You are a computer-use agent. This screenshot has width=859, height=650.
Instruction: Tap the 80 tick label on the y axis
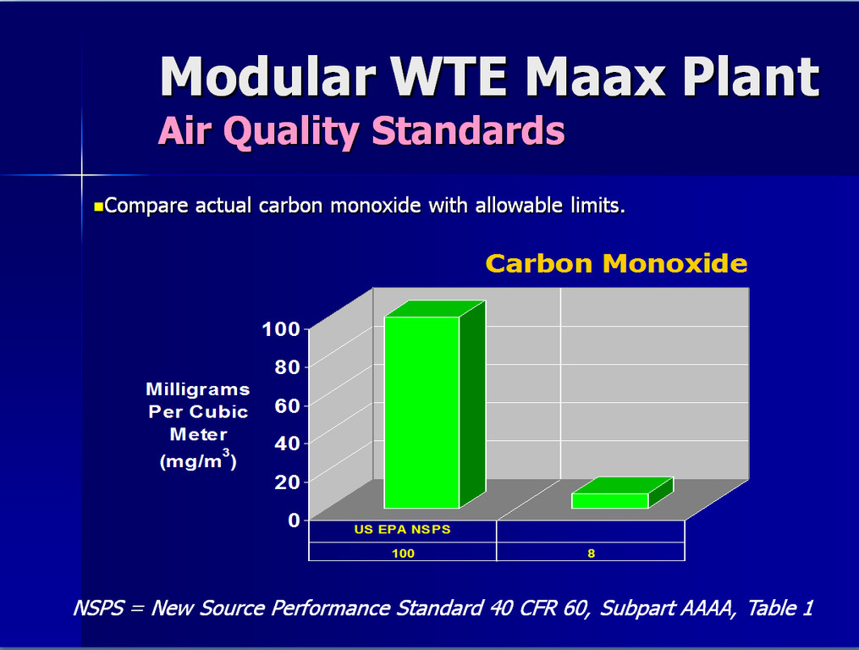288,367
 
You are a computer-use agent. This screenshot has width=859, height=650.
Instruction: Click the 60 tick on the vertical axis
288,405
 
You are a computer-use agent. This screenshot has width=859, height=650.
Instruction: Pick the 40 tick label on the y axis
288,443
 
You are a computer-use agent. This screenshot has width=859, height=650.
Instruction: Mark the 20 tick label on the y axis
288,482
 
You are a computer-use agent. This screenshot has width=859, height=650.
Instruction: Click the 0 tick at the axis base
295,519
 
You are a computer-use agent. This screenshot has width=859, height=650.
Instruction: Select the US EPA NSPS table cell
403,530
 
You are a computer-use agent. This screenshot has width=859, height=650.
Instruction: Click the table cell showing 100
403,552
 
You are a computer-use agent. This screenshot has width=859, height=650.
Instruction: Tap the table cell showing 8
591,552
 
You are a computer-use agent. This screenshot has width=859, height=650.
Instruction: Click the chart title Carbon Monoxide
616,263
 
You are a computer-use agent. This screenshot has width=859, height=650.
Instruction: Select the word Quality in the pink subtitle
291,131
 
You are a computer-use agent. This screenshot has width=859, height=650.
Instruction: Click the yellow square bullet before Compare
99,207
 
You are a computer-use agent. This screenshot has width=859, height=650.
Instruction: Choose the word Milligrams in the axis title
198,389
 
